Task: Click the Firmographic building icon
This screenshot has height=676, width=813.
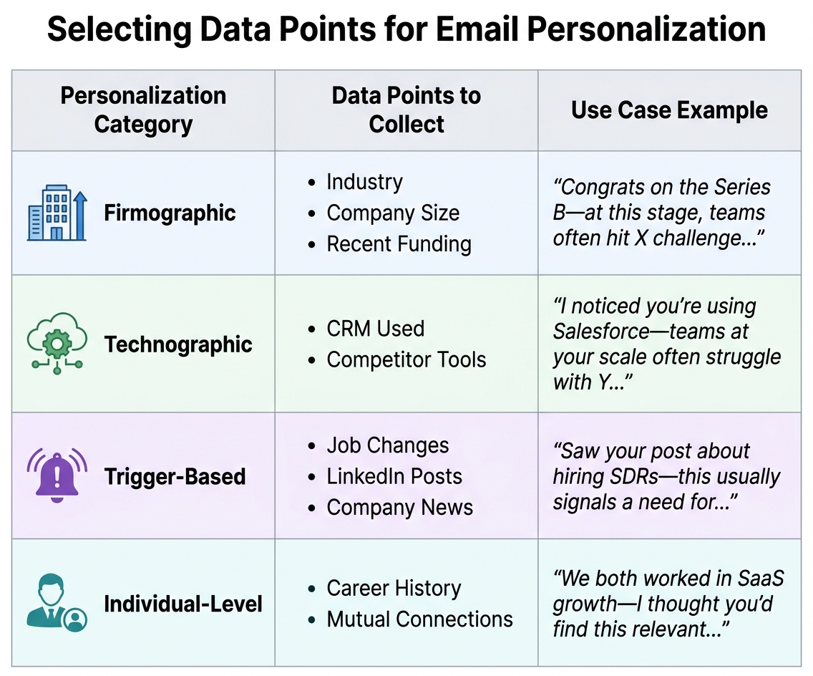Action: (x=57, y=213)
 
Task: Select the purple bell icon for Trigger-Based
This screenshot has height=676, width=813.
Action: (x=57, y=475)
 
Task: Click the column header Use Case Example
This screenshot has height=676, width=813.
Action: (x=669, y=110)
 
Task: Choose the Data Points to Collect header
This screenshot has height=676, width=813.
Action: (x=406, y=110)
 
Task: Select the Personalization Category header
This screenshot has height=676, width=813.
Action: (x=143, y=110)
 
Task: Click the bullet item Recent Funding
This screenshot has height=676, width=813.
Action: (x=399, y=244)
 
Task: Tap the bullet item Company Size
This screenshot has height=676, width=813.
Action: (x=393, y=213)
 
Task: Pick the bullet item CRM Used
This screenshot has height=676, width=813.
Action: (x=375, y=329)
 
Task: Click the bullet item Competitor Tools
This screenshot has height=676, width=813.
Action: (x=406, y=359)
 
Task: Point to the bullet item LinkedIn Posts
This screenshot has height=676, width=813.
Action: (x=394, y=476)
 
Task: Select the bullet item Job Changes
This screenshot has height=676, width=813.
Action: (x=387, y=445)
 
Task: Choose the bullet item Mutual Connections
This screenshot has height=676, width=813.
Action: (x=419, y=619)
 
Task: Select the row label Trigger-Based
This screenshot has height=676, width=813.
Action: (x=175, y=476)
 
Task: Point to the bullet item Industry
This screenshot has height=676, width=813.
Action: (x=364, y=182)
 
